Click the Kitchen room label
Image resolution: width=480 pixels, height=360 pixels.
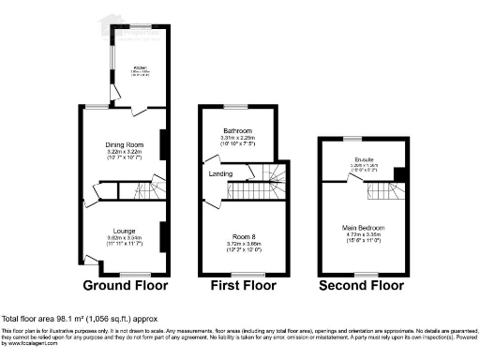coord(139,68)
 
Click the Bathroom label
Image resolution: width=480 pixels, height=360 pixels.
coord(235,131)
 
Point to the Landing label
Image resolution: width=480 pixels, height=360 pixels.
coord(220,173)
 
